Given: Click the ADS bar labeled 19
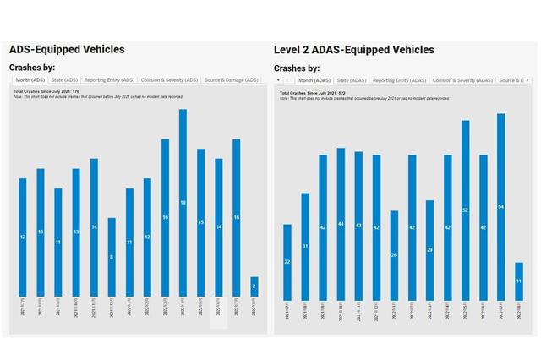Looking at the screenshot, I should [183, 203].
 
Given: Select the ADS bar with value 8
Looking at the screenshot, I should [112, 257].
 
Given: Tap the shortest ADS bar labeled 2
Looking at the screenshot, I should [254, 286].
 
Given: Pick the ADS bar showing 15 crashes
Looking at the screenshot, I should [200, 222].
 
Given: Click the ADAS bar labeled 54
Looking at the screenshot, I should [501, 206].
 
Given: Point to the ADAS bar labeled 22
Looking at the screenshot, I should [287, 261].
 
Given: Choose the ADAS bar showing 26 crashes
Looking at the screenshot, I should [394, 254].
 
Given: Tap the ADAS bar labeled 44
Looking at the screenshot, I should [341, 223].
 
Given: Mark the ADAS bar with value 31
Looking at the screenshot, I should [305, 246].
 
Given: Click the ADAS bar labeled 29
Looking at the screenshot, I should [429, 249].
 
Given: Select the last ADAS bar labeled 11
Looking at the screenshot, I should [519, 281].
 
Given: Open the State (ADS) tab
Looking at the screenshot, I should [64, 79].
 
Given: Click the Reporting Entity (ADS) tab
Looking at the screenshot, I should [109, 79].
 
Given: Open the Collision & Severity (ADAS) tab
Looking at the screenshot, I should [463, 79].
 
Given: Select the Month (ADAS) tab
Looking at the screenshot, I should [314, 79].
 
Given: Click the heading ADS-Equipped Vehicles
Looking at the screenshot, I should [67, 50].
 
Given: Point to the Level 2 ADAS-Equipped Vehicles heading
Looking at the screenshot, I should [354, 50].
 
